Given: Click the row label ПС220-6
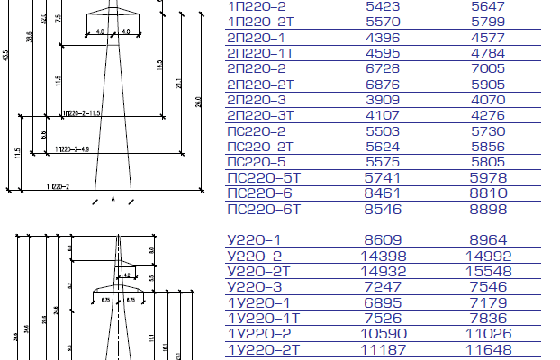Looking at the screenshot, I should coord(259,193).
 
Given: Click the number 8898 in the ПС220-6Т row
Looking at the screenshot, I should coord(490,209).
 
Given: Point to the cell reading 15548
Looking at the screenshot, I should coord(490,272).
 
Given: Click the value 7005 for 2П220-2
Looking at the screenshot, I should coord(490,68).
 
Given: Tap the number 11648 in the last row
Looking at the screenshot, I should coord(490,349).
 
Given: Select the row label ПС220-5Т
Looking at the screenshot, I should coord(266,177).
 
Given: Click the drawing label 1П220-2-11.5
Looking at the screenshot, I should coord(82,113).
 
